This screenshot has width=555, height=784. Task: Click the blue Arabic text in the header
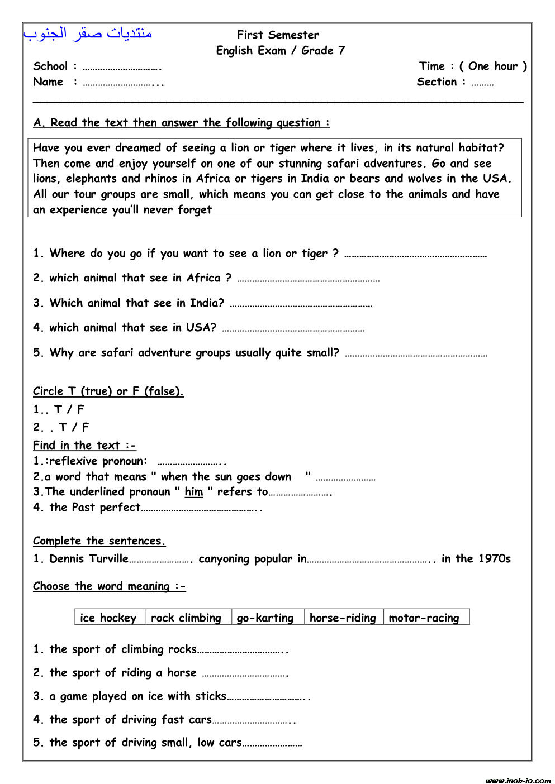[88, 34]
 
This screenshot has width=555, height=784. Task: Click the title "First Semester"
[278, 35]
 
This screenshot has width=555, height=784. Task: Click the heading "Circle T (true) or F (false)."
[108, 391]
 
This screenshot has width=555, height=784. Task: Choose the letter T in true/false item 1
[58, 409]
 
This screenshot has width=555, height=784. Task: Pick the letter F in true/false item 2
[85, 428]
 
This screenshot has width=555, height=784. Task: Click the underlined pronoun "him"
[193, 492]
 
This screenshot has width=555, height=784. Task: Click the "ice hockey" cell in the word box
[108, 618]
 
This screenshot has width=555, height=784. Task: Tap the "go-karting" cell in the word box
[265, 618]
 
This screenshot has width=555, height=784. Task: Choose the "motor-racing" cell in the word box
[424, 618]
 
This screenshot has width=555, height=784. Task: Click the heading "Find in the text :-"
[84, 446]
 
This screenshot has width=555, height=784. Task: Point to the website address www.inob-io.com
[518, 780]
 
